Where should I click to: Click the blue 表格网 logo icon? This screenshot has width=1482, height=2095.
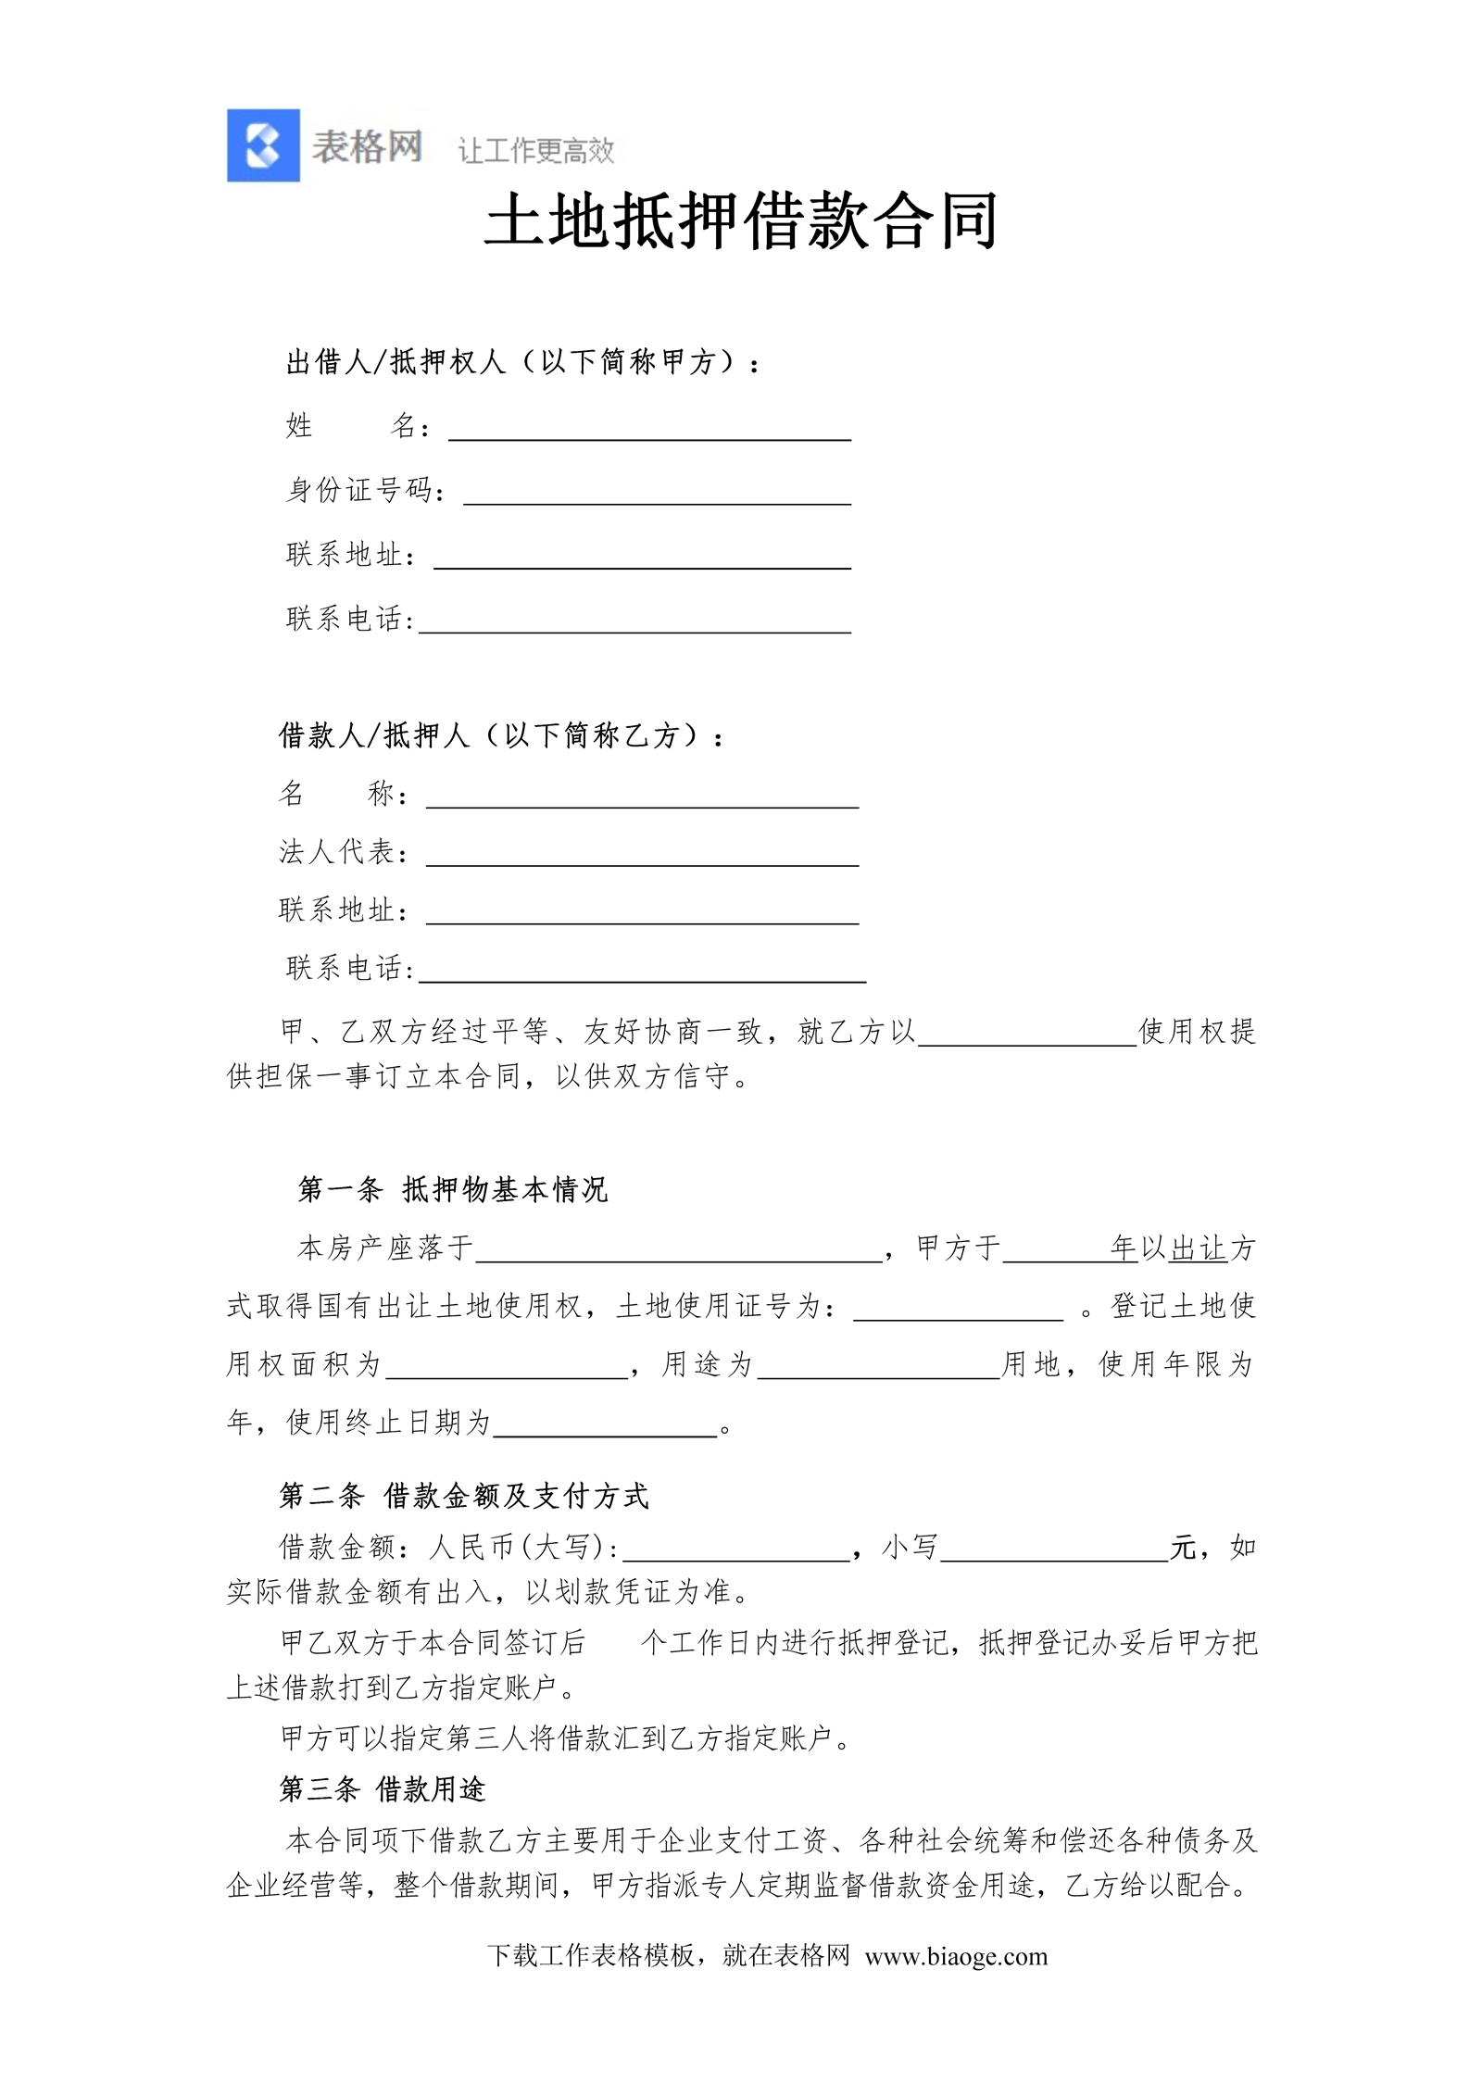pos(263,145)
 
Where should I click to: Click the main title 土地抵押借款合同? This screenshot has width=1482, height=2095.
pos(740,221)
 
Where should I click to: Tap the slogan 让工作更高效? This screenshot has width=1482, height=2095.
pos(535,150)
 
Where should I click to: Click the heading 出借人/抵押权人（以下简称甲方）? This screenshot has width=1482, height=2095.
pos(522,362)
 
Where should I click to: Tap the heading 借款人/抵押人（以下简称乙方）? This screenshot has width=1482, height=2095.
pos(501,735)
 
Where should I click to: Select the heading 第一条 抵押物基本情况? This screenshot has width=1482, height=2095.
pos(452,1189)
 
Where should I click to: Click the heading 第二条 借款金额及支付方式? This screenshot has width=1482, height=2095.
pos(464,1495)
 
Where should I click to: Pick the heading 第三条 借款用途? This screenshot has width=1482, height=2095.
pos(383,1788)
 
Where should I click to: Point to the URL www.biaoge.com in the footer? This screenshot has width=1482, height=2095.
pos(956,1956)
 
